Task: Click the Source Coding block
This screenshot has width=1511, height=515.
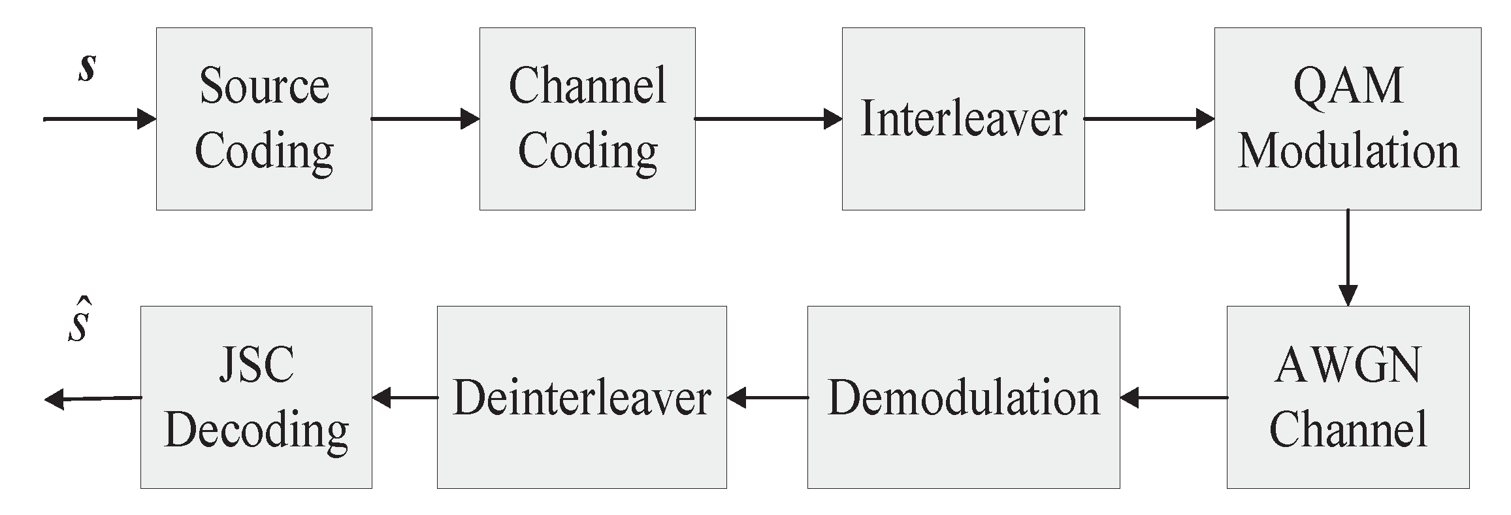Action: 264,119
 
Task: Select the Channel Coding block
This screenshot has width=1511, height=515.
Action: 587,119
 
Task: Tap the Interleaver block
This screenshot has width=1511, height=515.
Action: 963,119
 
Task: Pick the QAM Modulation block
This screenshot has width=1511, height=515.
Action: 1347,119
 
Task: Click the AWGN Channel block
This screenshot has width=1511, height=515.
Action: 1347,397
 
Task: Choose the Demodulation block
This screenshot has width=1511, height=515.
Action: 963,397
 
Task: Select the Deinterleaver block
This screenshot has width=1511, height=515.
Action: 581,397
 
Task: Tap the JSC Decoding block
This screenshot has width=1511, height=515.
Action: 256,397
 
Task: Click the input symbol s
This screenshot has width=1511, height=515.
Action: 86,68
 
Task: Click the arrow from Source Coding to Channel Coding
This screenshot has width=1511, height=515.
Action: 425,119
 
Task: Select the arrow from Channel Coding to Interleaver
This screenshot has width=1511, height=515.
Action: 768,119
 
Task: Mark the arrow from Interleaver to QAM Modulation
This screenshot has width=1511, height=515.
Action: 1148,119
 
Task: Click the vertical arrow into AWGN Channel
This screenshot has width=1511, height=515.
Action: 1348,257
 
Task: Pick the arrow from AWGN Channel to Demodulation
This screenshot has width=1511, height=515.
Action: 1173,397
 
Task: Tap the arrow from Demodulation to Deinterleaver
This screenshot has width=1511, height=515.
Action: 767,397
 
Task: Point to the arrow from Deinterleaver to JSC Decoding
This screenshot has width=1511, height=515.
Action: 404,397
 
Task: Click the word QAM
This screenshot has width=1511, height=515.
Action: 1348,86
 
